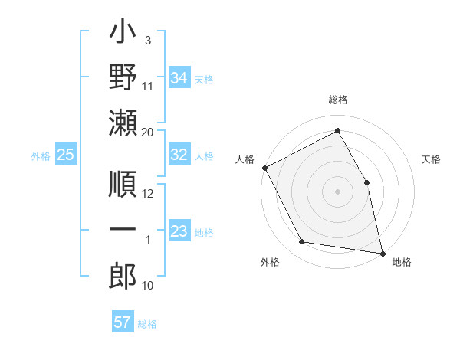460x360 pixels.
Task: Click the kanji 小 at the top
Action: tap(123, 34)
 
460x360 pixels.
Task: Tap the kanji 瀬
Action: tap(123, 123)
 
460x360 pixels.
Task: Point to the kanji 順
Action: tap(123, 184)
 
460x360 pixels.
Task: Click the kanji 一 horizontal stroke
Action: tap(123, 229)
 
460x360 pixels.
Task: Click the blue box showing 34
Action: tap(179, 77)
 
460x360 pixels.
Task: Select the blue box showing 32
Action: tap(179, 155)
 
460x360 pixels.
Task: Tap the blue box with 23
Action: tap(179, 231)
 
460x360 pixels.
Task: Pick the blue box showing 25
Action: tap(65, 155)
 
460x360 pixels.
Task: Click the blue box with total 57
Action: tap(122, 322)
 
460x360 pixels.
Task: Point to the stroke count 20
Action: tap(148, 133)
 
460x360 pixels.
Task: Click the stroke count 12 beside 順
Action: tap(148, 194)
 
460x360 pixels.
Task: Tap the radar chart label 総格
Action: tap(337, 100)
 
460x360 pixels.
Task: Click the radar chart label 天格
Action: tap(431, 159)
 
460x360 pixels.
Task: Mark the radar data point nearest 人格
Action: tap(264, 168)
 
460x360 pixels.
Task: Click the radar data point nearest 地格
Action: tap(382, 253)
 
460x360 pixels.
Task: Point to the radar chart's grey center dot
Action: tap(337, 191)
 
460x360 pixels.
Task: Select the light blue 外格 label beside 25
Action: tap(41, 155)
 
